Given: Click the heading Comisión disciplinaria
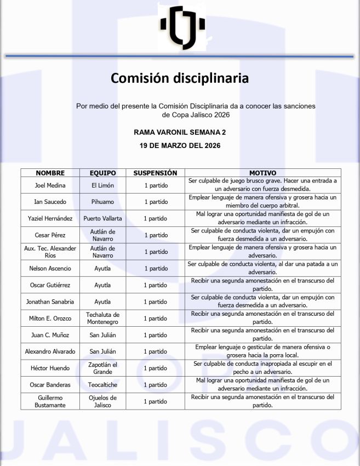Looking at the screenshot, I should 180,78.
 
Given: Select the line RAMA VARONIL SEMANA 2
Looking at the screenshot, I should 180,132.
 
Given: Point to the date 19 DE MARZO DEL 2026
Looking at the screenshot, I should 180,146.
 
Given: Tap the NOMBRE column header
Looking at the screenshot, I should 50,173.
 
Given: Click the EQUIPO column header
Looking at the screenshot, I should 102,173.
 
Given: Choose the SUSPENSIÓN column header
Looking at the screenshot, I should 155,173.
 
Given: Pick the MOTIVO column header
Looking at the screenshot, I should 262,173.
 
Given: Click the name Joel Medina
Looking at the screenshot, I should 50,185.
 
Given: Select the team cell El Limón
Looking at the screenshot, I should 102,185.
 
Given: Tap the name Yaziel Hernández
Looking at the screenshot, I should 50,218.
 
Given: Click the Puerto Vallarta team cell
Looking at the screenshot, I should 102,218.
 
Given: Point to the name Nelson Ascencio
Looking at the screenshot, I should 50,269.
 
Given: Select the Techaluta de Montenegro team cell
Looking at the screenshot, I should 102,319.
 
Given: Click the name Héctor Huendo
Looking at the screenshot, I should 50,368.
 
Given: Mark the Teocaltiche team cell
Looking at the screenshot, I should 102,385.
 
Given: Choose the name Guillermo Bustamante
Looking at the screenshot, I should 50,401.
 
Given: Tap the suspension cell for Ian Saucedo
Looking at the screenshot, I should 156,202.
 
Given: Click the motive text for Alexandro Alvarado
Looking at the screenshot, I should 262,351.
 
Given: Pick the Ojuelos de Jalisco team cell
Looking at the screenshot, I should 102,401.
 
